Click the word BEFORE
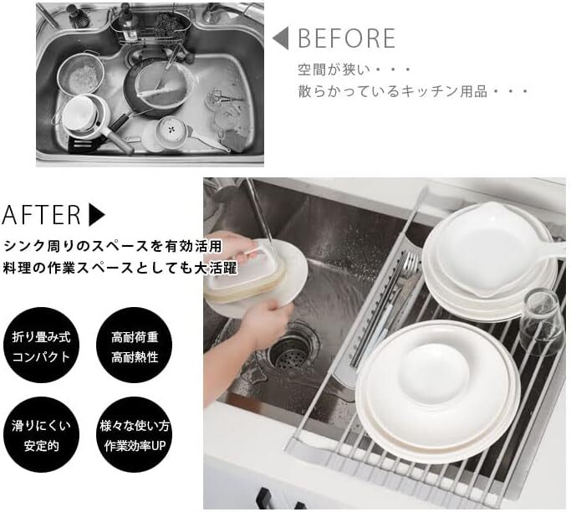[x=347, y=38]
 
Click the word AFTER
[x=41, y=215]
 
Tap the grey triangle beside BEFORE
[x=281, y=38]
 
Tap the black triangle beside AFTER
[x=97, y=215]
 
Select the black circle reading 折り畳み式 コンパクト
[x=41, y=346]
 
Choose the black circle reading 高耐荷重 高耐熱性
[x=135, y=346]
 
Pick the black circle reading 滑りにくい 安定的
[x=41, y=434]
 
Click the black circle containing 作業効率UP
[x=135, y=434]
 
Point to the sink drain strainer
[x=291, y=352]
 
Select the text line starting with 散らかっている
[x=413, y=91]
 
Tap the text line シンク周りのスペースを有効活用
[x=113, y=246]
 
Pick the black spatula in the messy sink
[x=84, y=143]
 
